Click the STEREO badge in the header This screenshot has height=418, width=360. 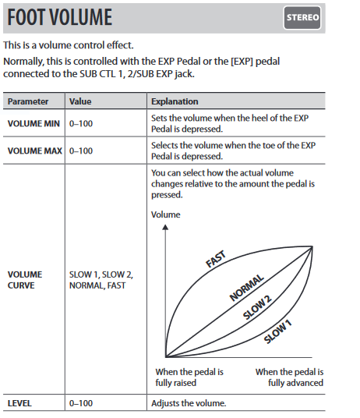[302, 18]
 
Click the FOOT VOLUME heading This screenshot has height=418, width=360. [60, 17]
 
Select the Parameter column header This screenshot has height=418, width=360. [28, 101]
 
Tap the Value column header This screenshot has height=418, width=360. [80, 101]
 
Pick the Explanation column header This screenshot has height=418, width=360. [175, 101]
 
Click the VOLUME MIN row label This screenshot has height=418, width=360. [34, 124]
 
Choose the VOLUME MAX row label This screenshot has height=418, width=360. [35, 151]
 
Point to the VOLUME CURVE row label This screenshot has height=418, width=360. [25, 280]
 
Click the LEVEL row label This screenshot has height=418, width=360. [19, 403]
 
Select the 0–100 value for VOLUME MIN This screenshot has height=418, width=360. [81, 124]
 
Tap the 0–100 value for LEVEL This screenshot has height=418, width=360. [81, 403]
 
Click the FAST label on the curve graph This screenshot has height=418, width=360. [216, 259]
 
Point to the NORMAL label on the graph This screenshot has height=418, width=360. [246, 288]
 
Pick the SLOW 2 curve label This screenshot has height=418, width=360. [257, 307]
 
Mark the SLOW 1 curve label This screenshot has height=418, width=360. [277, 331]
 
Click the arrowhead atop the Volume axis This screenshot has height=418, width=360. [165, 227]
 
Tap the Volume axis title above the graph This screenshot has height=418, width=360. [166, 214]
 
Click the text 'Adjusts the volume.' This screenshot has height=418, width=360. [189, 403]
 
